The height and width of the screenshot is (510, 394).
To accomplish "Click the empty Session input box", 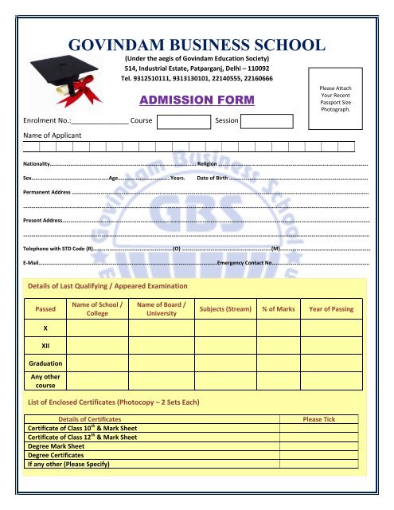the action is (267, 122).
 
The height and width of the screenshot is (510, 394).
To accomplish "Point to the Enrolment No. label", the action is (46, 122).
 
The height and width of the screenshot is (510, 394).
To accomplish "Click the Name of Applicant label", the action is (52, 135).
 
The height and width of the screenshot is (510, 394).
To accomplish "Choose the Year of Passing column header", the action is (331, 308).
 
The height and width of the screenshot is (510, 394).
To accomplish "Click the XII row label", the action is (45, 345).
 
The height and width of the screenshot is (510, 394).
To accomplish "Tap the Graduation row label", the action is (45, 363).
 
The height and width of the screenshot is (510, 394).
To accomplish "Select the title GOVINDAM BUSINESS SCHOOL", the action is (197, 45).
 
